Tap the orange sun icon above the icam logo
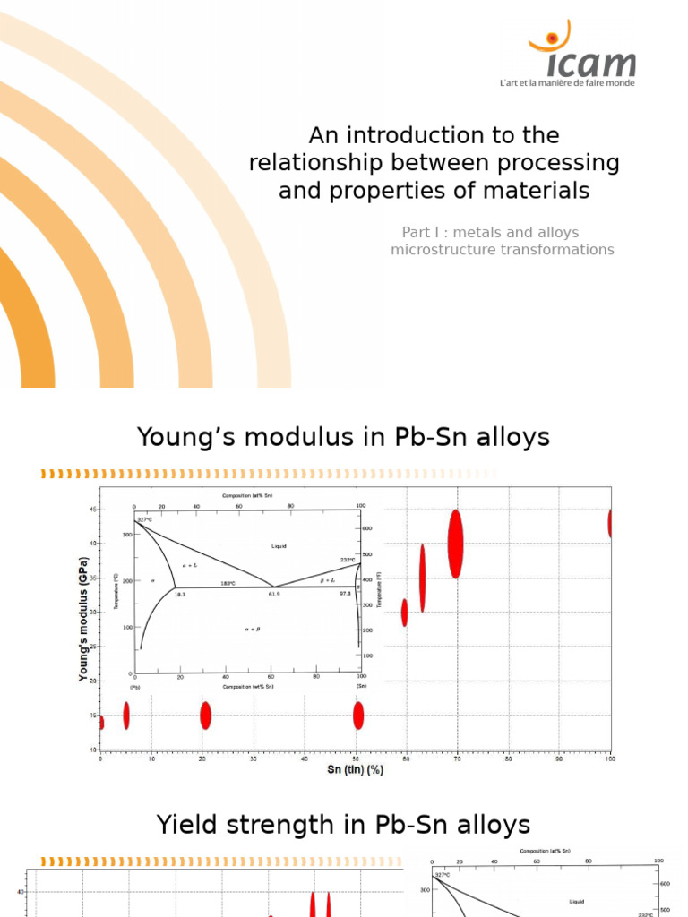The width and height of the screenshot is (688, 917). click(549, 39)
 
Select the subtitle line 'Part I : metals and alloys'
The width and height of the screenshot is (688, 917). click(490, 232)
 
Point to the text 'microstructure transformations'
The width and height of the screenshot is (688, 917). click(502, 250)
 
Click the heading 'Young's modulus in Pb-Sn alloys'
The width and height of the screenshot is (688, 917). click(343, 437)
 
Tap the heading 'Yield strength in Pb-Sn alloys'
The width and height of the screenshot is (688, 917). click(343, 824)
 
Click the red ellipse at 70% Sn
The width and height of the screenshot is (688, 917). click(455, 544)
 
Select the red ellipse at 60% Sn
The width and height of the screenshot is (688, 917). click(404, 613)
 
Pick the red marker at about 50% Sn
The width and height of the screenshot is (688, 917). click(358, 716)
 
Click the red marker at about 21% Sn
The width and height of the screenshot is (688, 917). click(205, 716)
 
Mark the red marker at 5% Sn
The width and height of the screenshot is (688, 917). click(126, 715)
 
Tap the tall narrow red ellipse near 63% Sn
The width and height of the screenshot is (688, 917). click(422, 578)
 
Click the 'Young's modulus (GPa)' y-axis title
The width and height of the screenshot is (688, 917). click(84, 619)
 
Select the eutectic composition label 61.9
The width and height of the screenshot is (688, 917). click(274, 594)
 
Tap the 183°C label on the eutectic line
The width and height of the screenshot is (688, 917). click(228, 583)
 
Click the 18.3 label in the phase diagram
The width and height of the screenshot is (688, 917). click(179, 594)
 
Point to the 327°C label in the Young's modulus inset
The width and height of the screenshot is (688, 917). click(144, 518)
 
